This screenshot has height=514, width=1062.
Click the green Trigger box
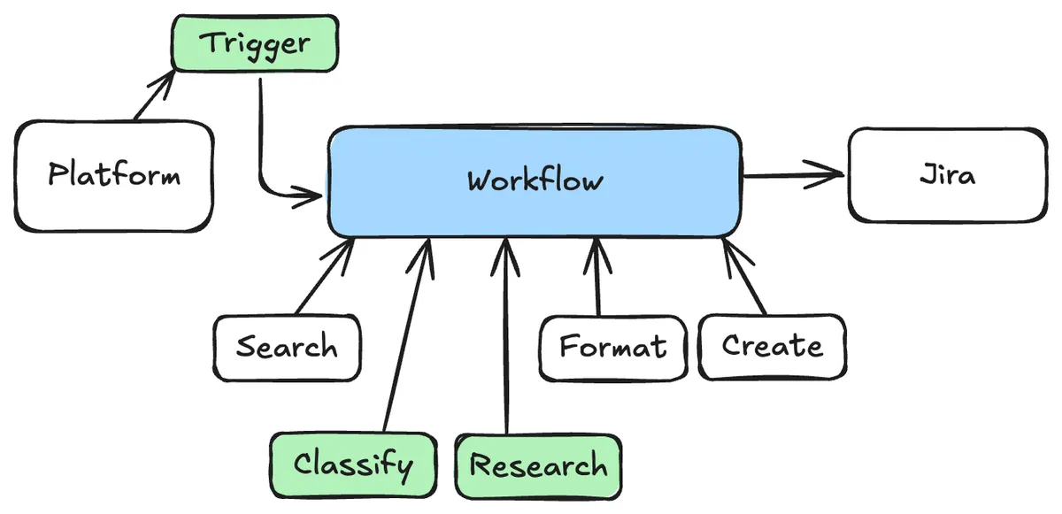tap(255, 44)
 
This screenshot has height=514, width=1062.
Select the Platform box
tap(114, 175)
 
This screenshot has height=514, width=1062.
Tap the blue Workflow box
tap(535, 181)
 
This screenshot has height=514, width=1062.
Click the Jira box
tap(947, 175)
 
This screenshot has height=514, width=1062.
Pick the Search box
tap(287, 347)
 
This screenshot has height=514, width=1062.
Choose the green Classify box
tap(353, 464)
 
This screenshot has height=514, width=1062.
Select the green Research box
tap(538, 465)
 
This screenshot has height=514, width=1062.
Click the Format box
tap(613, 347)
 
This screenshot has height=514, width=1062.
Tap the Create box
tap(772, 345)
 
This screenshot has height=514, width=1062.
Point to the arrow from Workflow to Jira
tap(792, 175)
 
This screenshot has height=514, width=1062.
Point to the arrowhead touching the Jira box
tap(832, 174)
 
